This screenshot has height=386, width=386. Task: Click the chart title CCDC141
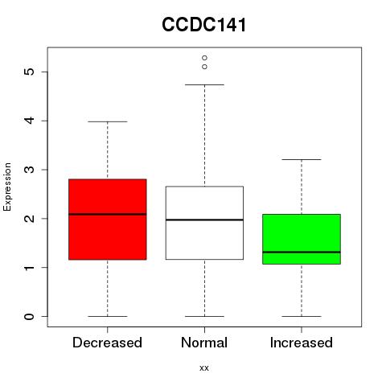pos(204,25)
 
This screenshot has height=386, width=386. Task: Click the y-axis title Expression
pos(7,187)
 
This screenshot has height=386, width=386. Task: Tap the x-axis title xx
pos(204,368)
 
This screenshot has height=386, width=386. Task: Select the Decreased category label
pos(107,343)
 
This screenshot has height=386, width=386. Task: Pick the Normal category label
pos(204,343)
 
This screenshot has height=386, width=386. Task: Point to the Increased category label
pos(302,343)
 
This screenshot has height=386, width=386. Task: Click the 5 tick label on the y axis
pos(30,72)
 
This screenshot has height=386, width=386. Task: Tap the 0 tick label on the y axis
pos(30,316)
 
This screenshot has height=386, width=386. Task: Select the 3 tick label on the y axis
pos(30,170)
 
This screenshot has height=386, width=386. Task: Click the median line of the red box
pos(108,214)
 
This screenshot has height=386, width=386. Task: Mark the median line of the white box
pos(204,220)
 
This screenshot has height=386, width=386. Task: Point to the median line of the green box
pos(302,252)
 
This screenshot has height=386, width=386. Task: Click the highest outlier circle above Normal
pos(204,58)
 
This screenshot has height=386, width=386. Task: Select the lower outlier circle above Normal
pos(204,67)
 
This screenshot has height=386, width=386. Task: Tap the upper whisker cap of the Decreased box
pos(108,121)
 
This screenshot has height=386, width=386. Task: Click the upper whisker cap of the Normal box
pos(204,84)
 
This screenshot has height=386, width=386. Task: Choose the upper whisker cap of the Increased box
pos(302,159)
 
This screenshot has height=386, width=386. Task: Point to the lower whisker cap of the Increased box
pos(302,316)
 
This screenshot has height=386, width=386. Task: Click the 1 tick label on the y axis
pos(30,268)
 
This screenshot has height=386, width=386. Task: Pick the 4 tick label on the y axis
pos(30,121)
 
